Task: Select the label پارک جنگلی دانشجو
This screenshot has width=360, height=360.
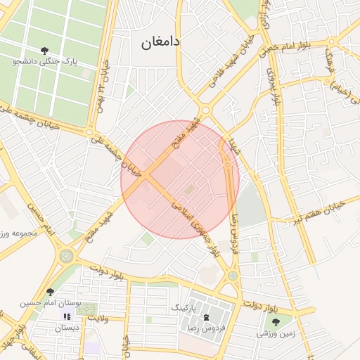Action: (45, 62)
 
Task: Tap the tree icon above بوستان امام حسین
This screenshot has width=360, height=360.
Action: (49, 292)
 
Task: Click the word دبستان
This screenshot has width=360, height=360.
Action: (67, 328)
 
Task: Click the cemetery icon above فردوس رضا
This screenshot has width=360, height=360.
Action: (206, 318)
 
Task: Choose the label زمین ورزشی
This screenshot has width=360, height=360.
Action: (275, 334)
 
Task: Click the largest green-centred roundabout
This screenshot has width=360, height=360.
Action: (67, 256)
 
